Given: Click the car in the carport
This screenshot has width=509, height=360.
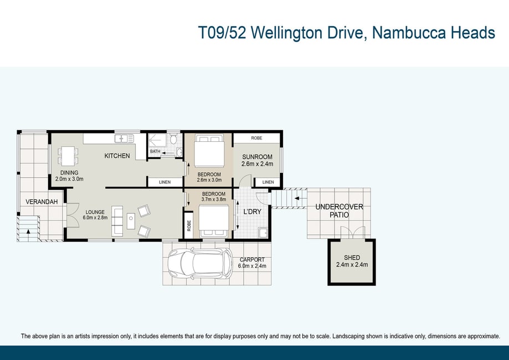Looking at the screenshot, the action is [x=200, y=263].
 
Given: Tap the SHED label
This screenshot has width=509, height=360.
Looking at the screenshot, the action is [x=352, y=258].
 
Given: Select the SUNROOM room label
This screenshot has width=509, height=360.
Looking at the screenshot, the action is [x=257, y=157].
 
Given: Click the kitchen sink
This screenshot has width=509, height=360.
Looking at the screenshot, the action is [x=124, y=138].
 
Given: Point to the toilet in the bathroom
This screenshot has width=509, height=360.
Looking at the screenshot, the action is [x=174, y=139].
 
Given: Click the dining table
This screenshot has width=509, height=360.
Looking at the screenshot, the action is [x=68, y=156].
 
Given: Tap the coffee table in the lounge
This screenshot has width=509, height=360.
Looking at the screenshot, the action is [x=131, y=221].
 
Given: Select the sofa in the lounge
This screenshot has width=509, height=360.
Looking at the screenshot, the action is [x=117, y=221].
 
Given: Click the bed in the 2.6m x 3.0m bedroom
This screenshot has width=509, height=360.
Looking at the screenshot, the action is [x=208, y=151].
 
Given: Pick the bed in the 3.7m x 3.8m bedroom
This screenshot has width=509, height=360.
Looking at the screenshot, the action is [x=214, y=221].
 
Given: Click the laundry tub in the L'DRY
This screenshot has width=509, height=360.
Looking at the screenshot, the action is [x=263, y=233].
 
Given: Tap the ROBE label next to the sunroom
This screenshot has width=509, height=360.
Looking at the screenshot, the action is [x=256, y=138].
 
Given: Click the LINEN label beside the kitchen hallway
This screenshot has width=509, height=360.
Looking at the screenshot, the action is [x=165, y=182].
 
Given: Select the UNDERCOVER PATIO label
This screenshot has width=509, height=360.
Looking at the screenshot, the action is [x=339, y=210].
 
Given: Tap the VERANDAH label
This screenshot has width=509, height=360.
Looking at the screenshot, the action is [x=42, y=202].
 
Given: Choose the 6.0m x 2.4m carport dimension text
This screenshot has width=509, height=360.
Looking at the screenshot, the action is [x=252, y=266].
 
